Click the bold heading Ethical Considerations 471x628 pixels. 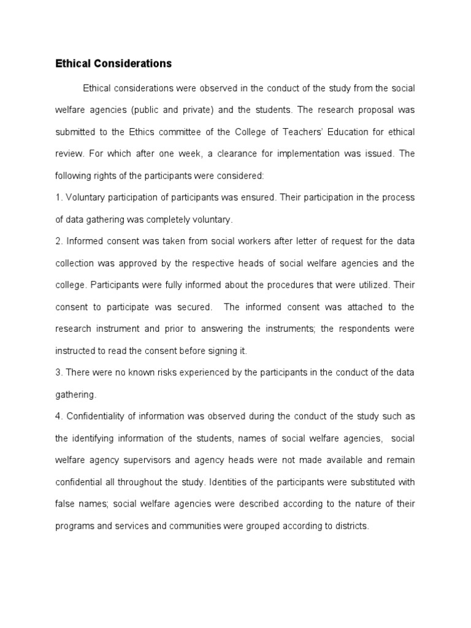point(113,64)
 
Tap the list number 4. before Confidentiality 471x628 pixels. point(59,416)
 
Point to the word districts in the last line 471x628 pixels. point(350,526)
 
